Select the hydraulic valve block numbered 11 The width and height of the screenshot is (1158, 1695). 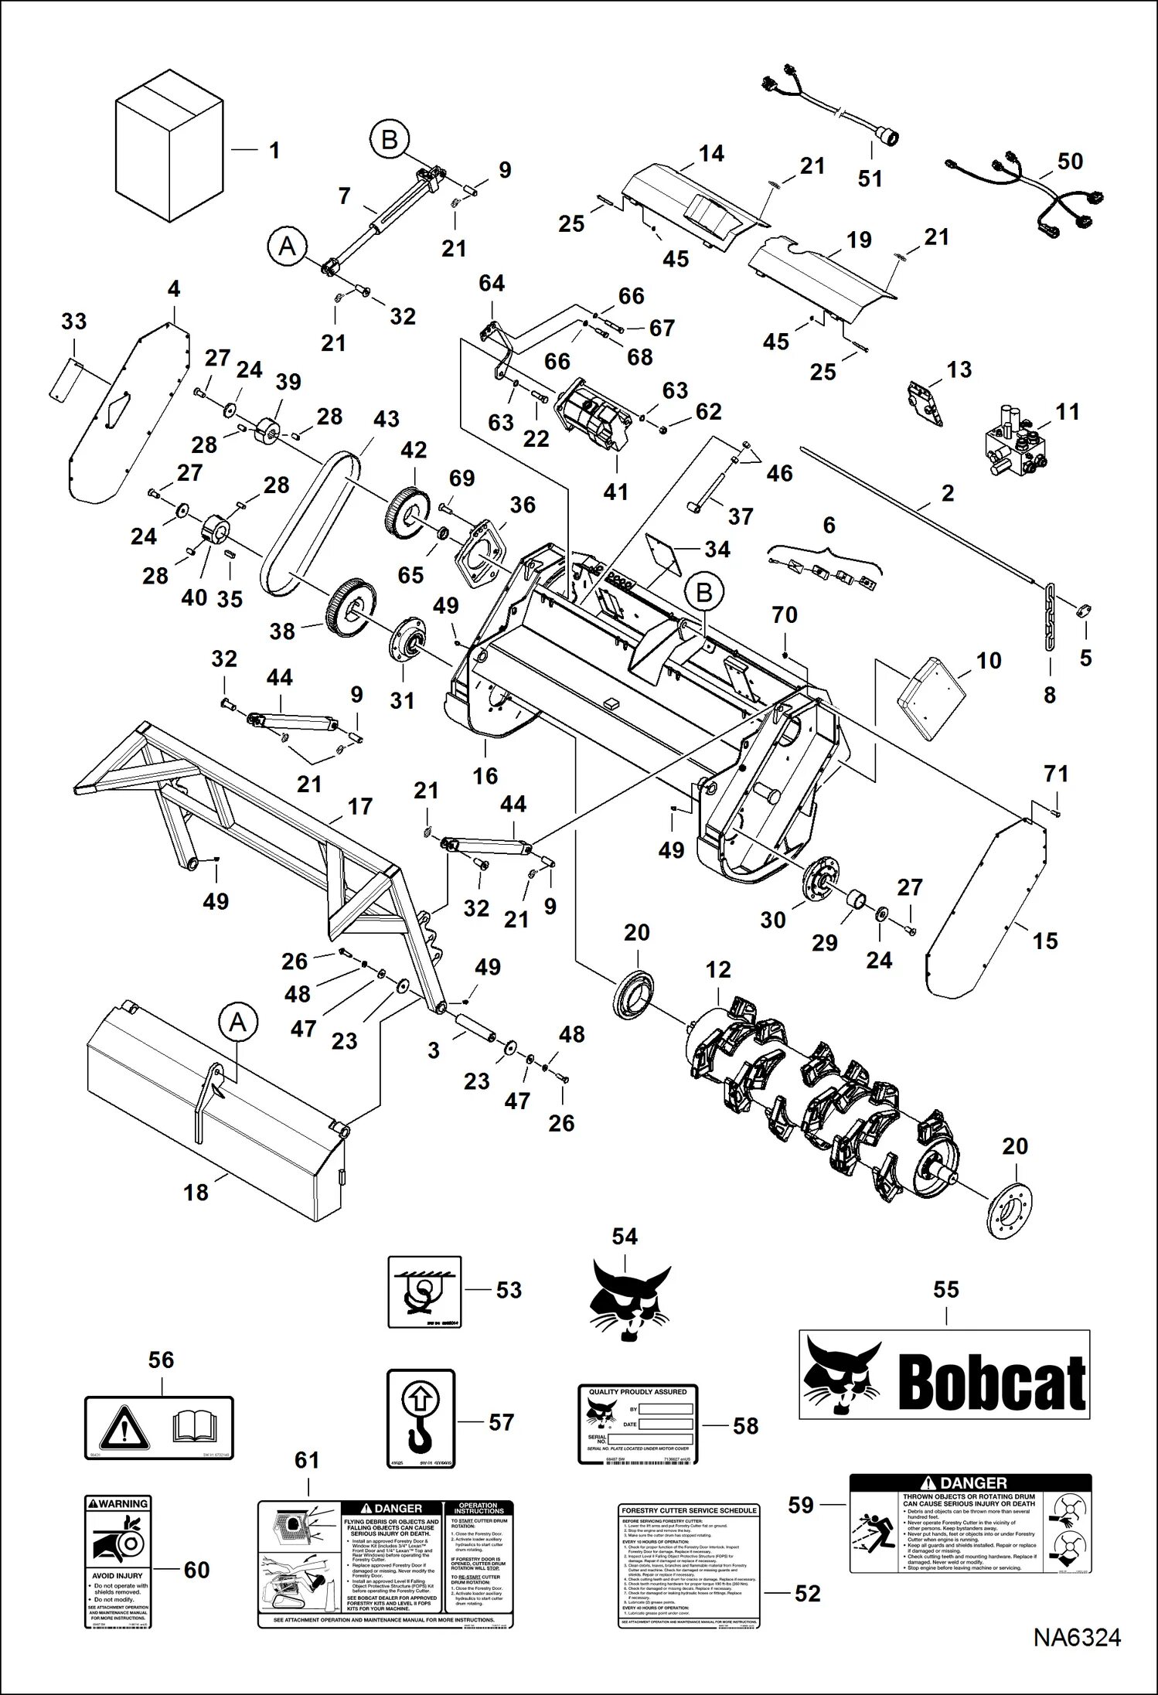[x=1012, y=445]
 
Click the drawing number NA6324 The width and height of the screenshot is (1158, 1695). [x=1078, y=1659]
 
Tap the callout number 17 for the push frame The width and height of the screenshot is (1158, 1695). [x=360, y=807]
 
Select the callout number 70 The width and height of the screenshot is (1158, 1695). [x=785, y=616]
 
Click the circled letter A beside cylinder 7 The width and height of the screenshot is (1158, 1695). [x=287, y=247]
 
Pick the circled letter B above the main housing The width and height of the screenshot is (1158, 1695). [x=704, y=592]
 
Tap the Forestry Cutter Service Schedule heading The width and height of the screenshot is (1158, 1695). [x=689, y=1510]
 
